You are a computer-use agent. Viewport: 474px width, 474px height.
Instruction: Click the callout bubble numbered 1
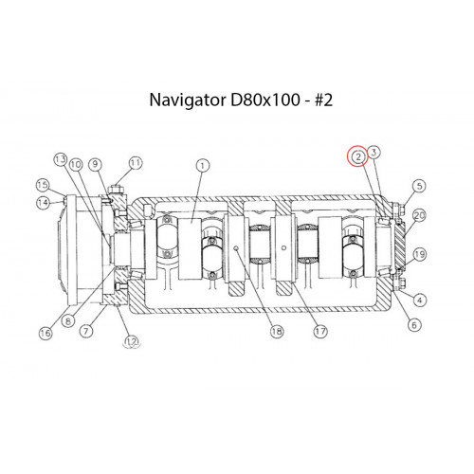pyautogui.click(x=203, y=166)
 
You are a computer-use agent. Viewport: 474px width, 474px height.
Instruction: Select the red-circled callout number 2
pyautogui.click(x=358, y=156)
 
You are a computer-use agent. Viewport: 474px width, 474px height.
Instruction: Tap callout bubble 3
pyautogui.click(x=374, y=153)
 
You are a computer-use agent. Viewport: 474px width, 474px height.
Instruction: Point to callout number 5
pyautogui.click(x=419, y=300)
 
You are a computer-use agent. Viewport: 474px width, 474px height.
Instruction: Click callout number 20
pyautogui.click(x=419, y=186)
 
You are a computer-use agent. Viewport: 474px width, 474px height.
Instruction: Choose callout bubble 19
pyautogui.click(x=414, y=324)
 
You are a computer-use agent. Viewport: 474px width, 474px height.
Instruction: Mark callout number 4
pyautogui.click(x=86, y=331)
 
